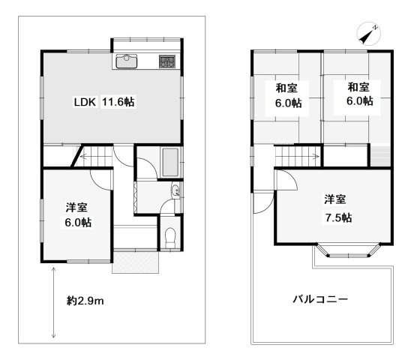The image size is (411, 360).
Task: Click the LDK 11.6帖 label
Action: (x=103, y=103)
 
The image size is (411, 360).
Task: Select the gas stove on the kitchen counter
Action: (x=166, y=61)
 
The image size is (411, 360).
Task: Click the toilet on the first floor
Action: (x=170, y=238)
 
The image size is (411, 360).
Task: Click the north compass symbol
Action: (x=367, y=34)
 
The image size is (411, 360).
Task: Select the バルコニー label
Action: (x=319, y=299)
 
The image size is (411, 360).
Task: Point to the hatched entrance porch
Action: (x=136, y=261)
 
